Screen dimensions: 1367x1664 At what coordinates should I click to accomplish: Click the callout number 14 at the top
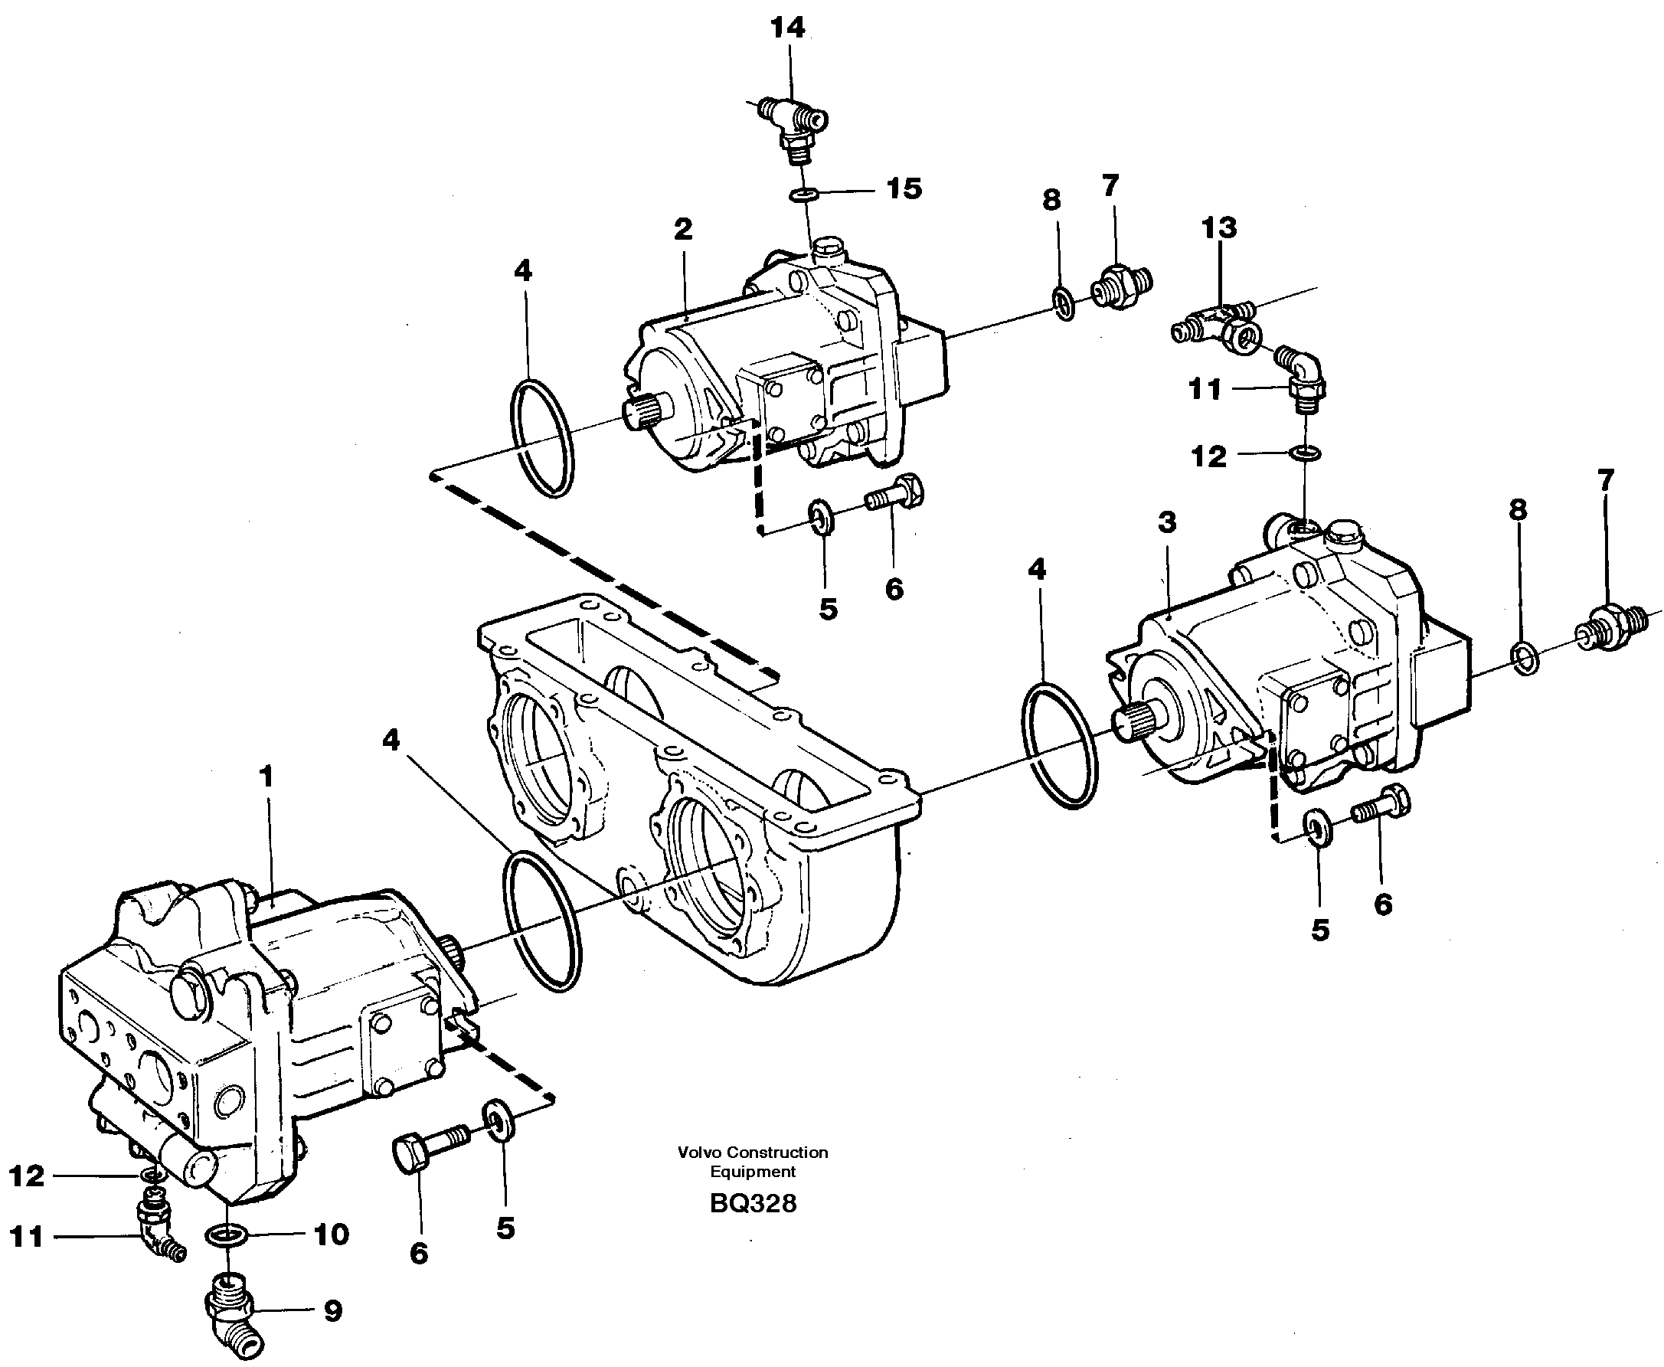(787, 28)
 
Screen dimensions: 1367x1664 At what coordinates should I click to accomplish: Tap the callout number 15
(904, 189)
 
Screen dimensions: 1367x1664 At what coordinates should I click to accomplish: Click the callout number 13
(1218, 228)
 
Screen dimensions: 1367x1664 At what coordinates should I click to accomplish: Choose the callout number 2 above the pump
(682, 229)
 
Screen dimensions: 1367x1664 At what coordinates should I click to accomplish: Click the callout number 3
(1166, 522)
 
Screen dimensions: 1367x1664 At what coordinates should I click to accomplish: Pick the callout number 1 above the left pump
(266, 777)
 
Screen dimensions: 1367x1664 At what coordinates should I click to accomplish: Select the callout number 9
(332, 1311)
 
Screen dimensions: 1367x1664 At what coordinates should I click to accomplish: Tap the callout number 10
(332, 1234)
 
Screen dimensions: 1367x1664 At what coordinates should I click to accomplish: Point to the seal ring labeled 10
(227, 1235)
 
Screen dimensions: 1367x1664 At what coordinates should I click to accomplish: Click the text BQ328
(752, 1203)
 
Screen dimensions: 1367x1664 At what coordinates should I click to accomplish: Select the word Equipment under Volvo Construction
(752, 1172)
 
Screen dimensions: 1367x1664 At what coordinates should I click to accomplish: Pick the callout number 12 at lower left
(27, 1176)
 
